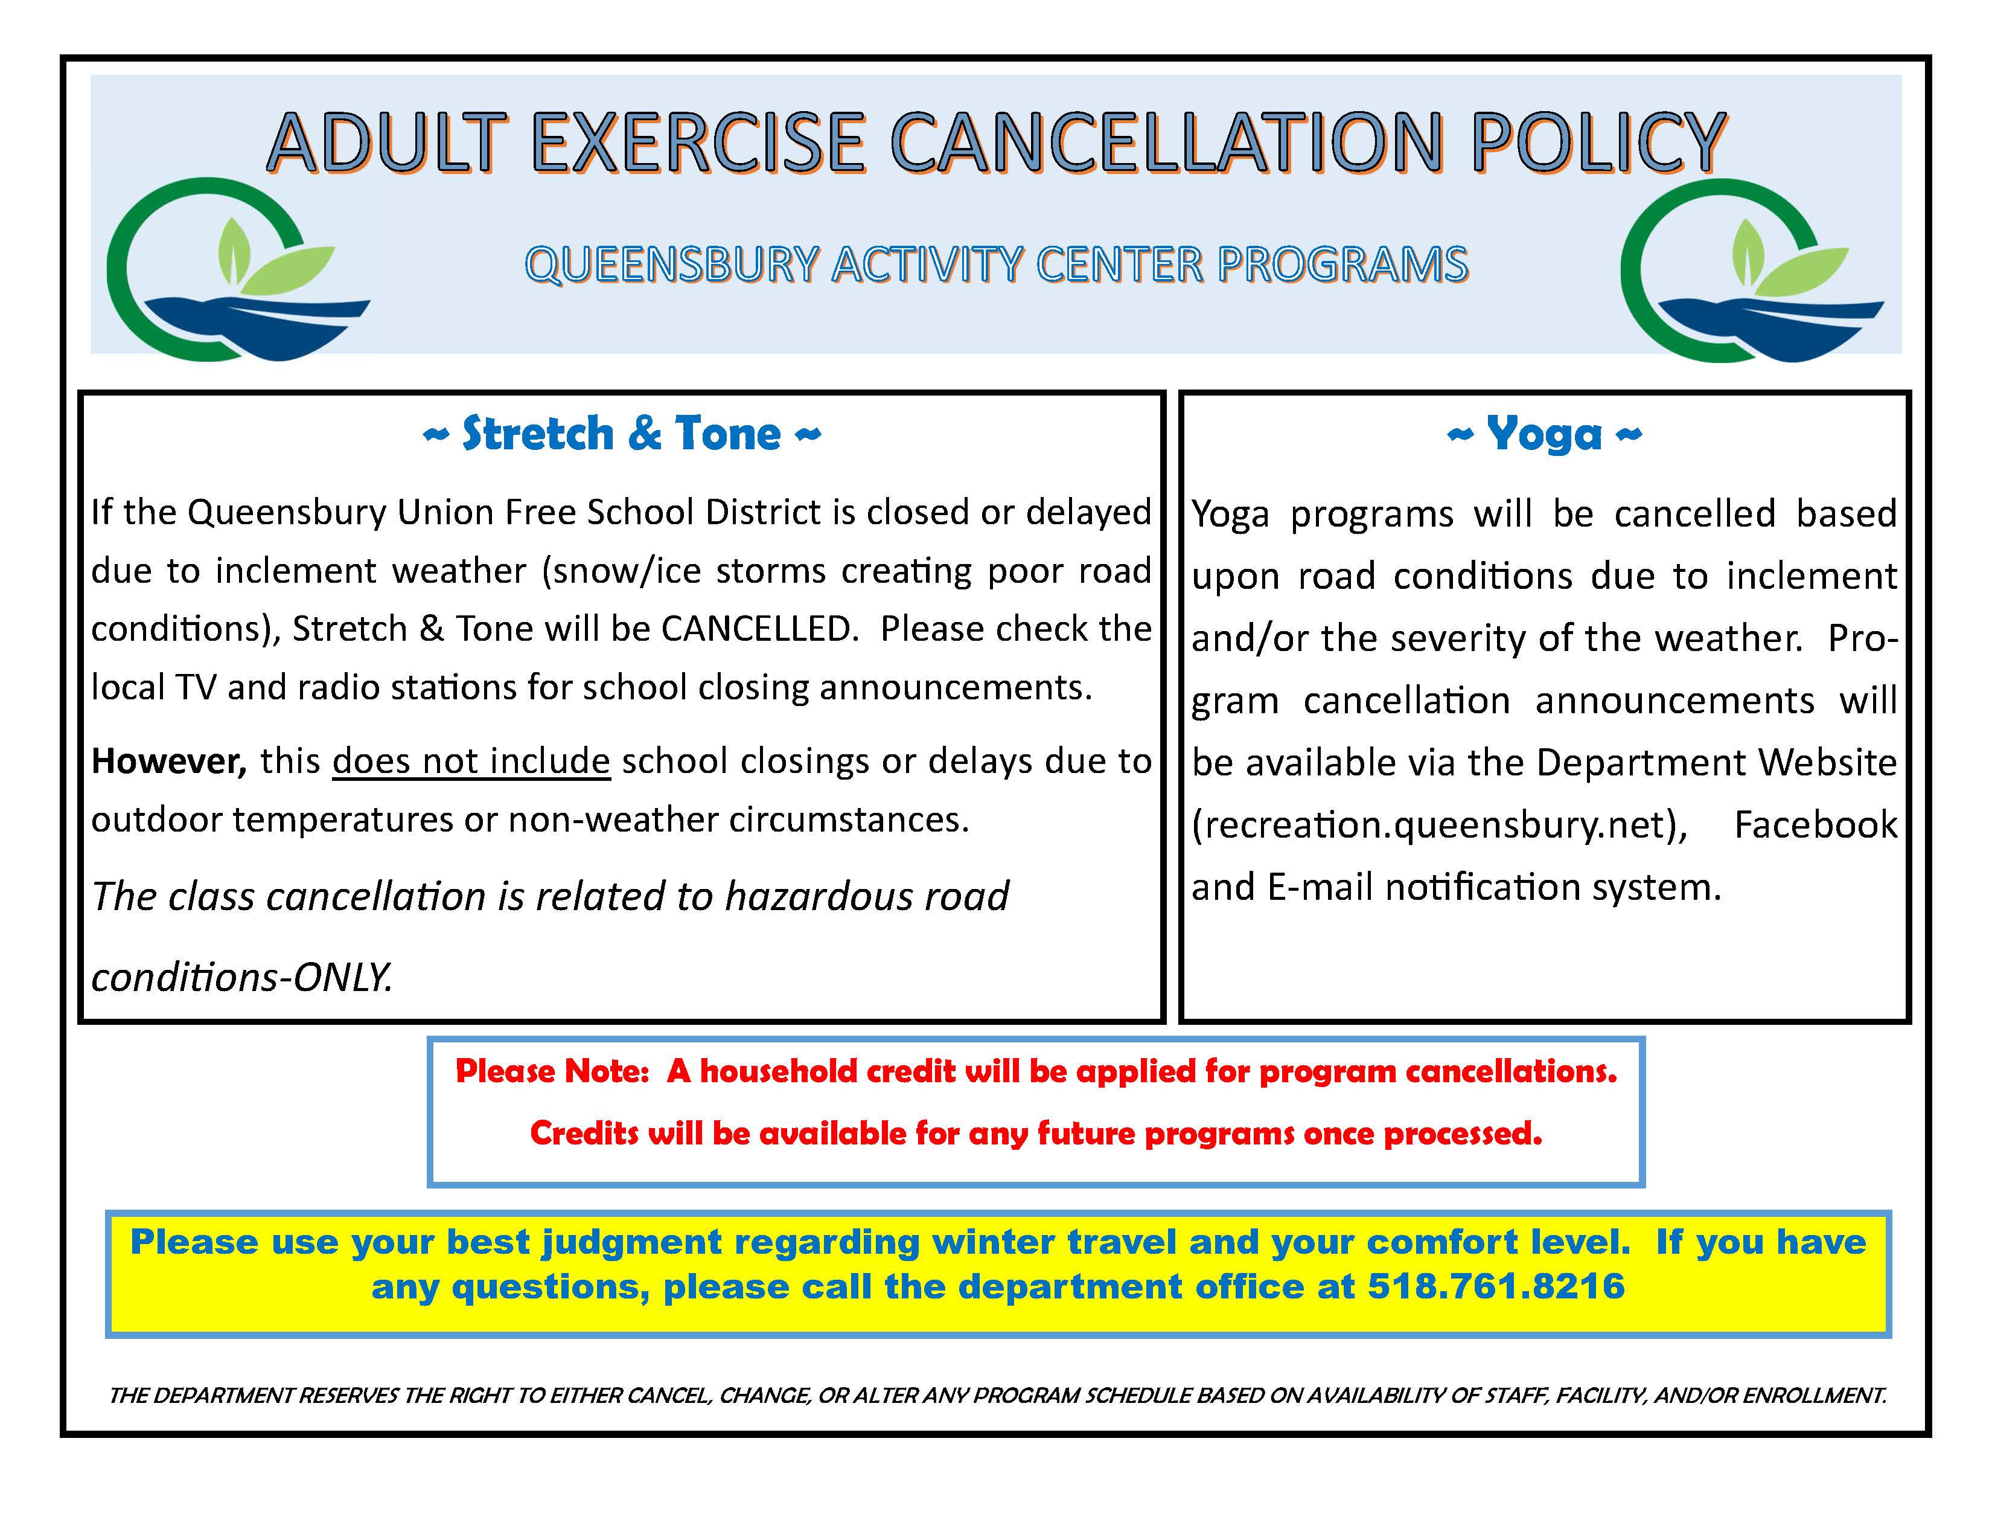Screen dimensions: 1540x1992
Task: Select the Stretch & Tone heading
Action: pyautogui.click(x=622, y=434)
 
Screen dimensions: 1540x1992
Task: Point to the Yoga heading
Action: pyautogui.click(x=1543, y=434)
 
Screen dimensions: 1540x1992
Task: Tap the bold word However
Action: pyautogui.click(x=169, y=761)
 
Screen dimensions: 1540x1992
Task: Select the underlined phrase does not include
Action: pyautogui.click(x=471, y=761)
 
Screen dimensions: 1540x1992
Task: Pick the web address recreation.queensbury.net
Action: pyautogui.click(x=1439, y=825)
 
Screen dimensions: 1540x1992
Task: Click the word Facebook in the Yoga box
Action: pyautogui.click(x=1815, y=825)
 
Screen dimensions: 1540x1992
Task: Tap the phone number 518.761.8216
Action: pyautogui.click(x=1496, y=1286)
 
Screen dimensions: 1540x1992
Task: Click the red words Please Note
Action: pyautogui.click(x=552, y=1071)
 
